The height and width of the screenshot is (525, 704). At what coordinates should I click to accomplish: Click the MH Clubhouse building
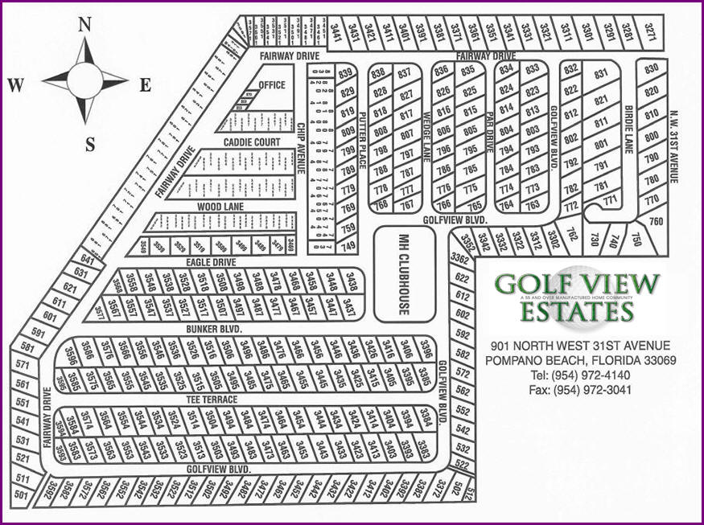[405, 274]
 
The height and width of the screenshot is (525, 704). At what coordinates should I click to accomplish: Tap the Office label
[272, 85]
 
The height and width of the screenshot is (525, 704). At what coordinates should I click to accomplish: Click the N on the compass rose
[84, 25]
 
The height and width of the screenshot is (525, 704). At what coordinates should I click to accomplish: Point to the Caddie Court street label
[253, 142]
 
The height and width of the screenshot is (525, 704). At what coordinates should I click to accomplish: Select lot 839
[347, 74]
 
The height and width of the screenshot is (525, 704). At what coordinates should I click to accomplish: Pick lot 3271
[649, 33]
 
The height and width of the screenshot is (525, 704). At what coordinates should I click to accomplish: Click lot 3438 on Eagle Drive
[351, 282]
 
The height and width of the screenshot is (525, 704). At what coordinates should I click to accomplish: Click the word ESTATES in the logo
[576, 310]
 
